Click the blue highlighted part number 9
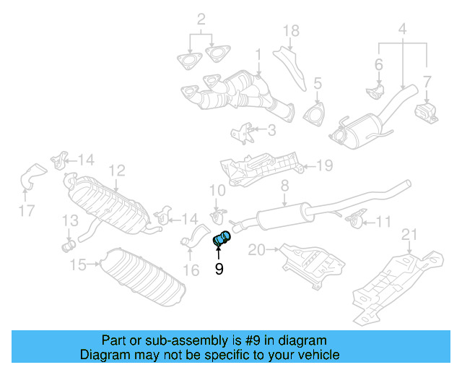222,238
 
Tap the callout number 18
290,30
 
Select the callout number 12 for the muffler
117,171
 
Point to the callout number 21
409,233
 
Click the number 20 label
256,250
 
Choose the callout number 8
284,186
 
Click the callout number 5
317,85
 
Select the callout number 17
27,212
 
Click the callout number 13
69,220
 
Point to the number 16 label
191,271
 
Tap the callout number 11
383,221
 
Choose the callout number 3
271,131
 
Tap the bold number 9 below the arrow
219,270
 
